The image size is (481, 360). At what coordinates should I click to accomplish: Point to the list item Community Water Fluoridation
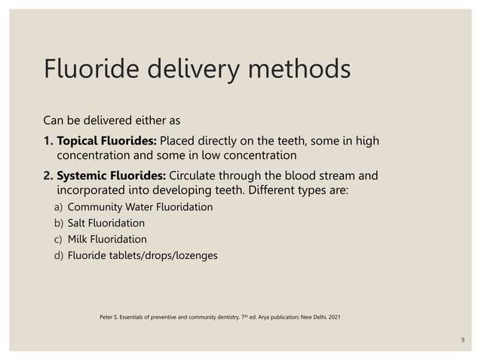point(140,206)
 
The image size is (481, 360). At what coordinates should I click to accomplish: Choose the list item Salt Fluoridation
point(106,223)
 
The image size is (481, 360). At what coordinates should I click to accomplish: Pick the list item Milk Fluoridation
point(107,239)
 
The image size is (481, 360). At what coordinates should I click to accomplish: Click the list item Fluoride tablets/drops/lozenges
point(142,256)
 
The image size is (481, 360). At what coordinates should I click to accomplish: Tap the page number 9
point(463,341)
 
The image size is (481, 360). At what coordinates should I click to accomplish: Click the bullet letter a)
point(58,206)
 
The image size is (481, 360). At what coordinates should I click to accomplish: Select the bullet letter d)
point(58,256)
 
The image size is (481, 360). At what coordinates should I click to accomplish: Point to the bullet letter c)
point(58,239)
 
